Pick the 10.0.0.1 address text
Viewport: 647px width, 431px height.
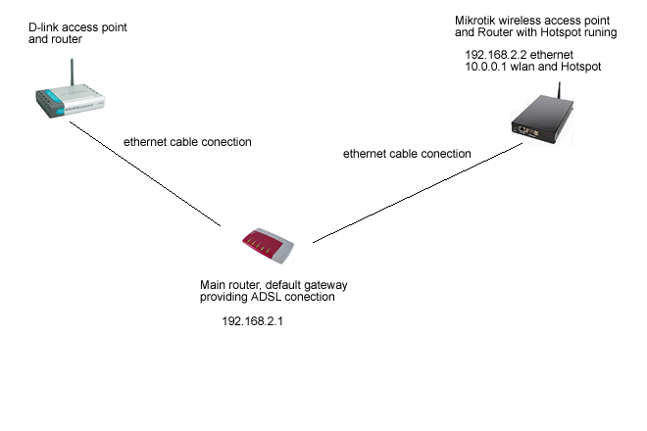pos(486,67)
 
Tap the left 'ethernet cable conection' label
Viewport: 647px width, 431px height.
pos(187,142)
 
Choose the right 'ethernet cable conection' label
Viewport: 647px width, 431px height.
pos(407,154)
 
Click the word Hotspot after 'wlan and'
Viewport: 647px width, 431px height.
pos(580,67)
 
